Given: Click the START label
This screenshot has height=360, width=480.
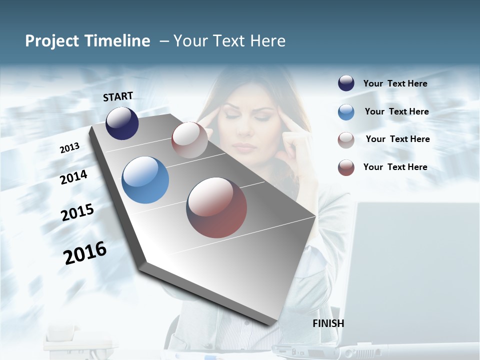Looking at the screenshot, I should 118,96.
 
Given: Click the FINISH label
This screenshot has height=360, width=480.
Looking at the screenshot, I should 328,323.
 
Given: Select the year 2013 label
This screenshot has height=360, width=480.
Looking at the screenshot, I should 69,148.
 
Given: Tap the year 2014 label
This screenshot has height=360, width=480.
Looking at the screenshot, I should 73,177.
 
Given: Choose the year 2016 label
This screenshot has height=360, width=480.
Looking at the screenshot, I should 85,253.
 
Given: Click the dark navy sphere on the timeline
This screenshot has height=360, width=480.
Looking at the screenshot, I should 122,123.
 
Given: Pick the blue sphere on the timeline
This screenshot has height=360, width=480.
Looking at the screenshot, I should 145,180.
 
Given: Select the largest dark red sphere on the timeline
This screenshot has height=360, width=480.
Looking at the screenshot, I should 216,207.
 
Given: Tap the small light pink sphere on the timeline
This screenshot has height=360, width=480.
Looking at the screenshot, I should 189,140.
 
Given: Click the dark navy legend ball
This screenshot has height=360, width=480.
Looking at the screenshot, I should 346,83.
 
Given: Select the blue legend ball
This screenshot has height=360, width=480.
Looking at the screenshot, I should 346,112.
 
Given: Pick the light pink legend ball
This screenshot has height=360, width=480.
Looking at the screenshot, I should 346,140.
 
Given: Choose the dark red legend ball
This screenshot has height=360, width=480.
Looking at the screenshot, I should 346,167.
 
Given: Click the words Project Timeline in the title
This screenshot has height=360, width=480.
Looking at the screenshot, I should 87,41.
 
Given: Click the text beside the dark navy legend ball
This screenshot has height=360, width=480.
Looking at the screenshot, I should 395,83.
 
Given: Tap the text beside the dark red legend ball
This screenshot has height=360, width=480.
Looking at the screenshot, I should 395,167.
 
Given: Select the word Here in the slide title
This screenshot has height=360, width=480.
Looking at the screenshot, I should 268,41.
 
